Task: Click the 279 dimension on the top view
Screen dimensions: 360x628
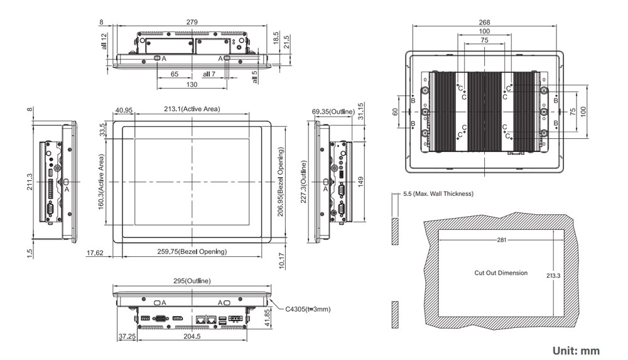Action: pos(192,22)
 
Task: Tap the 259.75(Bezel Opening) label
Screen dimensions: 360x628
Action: pos(192,251)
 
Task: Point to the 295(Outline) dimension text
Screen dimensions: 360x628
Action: pos(192,280)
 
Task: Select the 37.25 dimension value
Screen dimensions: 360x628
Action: pos(127,336)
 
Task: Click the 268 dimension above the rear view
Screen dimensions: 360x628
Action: pos(484,22)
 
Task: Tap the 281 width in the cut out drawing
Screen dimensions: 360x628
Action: pos(501,240)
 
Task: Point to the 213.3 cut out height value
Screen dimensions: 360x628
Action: pos(553,275)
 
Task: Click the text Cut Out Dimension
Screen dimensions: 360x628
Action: pos(501,273)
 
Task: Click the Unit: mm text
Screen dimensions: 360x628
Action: pos(576,351)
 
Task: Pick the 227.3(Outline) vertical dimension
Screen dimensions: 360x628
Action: pos(304,182)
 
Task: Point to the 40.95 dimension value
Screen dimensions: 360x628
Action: pos(124,111)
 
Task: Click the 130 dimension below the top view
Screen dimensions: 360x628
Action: pos(192,84)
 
